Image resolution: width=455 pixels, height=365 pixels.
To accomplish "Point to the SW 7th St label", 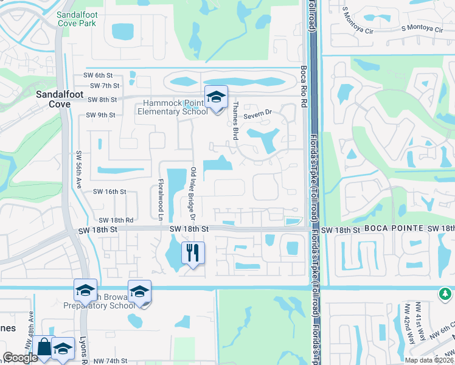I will (103, 86).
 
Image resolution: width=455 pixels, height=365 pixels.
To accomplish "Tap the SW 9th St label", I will (100, 114).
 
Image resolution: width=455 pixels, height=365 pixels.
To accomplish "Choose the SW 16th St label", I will (109, 191).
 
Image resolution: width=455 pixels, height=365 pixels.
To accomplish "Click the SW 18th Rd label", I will (116, 220).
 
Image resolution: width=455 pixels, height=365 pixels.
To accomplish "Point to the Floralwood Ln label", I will (161, 192).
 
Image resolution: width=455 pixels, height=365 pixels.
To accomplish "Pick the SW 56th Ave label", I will (78, 170).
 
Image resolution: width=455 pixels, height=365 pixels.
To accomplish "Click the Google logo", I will (20, 358).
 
